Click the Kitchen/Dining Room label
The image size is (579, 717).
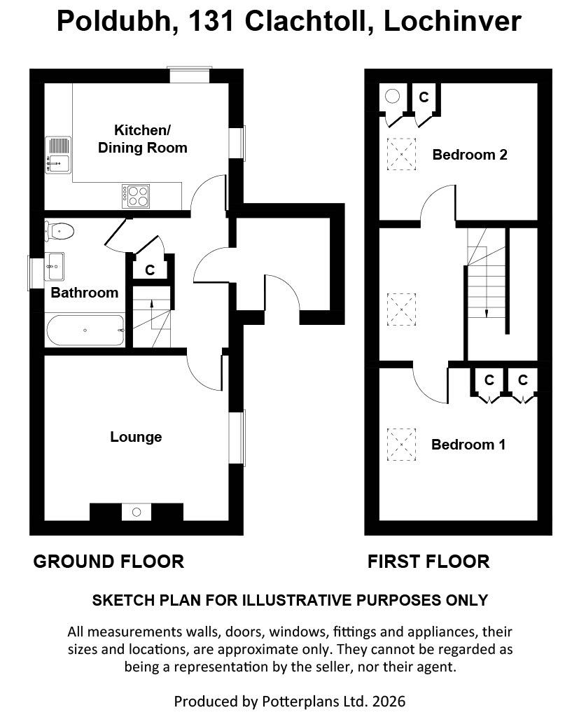click(x=142, y=139)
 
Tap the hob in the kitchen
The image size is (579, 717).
click(x=135, y=195)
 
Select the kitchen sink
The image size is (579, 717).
click(x=57, y=154)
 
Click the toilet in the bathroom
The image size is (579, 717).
click(x=60, y=230)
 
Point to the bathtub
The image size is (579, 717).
click(x=85, y=330)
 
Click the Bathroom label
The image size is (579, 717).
click(x=84, y=293)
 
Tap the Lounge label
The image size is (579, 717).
click(x=136, y=437)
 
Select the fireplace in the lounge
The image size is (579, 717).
click(x=137, y=513)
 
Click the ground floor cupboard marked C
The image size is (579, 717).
click(x=150, y=270)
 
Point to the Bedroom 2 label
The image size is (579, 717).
click(x=469, y=155)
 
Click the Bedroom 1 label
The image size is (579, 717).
click(x=468, y=445)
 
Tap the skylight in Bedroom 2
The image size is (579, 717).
click(x=401, y=154)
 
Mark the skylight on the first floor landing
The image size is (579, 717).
click(x=401, y=309)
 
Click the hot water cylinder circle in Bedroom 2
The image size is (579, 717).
click(x=393, y=97)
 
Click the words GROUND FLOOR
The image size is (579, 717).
click(x=109, y=562)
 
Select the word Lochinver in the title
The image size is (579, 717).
click(x=452, y=22)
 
